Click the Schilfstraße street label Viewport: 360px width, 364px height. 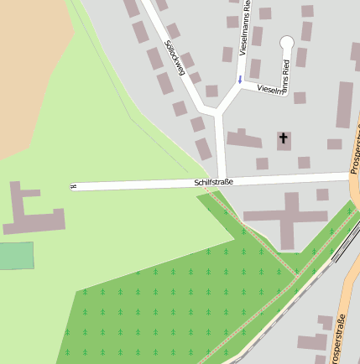[213, 181]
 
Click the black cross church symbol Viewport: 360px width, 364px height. [284, 138]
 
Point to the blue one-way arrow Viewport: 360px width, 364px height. [240, 81]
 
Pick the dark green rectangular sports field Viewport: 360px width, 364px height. [17, 255]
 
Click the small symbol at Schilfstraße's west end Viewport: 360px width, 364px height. [74, 186]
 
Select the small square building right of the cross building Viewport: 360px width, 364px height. [323, 195]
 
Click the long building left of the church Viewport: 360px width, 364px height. [243, 139]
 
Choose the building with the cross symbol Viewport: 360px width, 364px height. [284, 140]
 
